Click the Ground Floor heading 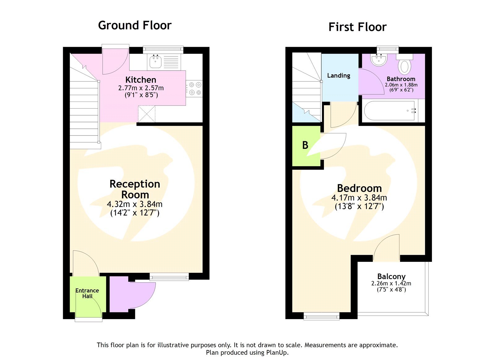[135, 25]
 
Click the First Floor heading [357, 27]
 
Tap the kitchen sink [155, 62]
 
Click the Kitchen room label [141, 80]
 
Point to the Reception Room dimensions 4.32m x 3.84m [135, 204]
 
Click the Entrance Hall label [87, 293]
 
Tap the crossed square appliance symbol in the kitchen [146, 114]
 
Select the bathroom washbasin [379, 60]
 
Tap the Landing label [339, 76]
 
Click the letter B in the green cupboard [305, 145]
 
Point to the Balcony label [391, 276]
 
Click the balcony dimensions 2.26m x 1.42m [391, 283]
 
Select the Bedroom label [359, 188]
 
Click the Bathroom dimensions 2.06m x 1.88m [401, 85]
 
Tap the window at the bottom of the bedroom [321, 316]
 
